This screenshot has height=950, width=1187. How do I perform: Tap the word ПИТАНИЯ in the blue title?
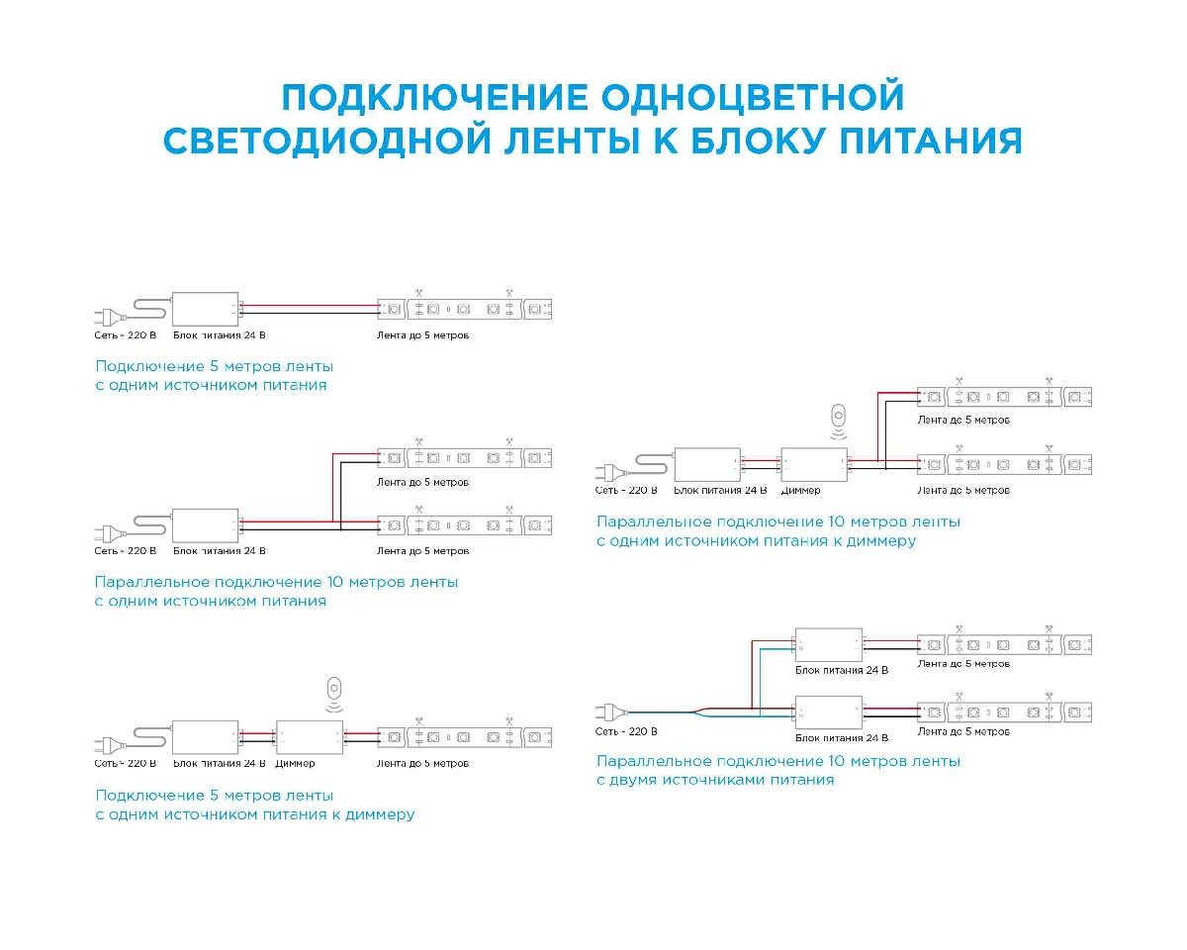[x=930, y=140]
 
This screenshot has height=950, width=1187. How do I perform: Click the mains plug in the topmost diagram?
[x=106, y=316]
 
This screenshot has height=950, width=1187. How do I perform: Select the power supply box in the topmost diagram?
[x=206, y=310]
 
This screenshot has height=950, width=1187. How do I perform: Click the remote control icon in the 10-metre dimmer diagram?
[x=840, y=417]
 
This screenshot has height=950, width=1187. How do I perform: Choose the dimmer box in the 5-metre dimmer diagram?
[x=310, y=737]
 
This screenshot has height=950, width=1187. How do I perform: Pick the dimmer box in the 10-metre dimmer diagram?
[x=814, y=464]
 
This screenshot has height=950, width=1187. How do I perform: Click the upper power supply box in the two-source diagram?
[x=829, y=645]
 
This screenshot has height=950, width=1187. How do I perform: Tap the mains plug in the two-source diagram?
[x=608, y=711]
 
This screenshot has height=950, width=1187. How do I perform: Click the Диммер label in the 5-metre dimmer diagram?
[x=296, y=764]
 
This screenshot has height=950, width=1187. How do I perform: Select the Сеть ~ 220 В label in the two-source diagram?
[x=626, y=732]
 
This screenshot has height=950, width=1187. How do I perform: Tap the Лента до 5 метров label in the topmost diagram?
[x=423, y=335]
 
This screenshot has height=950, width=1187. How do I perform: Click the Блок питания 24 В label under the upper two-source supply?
[x=842, y=671]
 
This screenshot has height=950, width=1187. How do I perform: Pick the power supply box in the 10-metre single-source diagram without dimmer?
[x=206, y=524]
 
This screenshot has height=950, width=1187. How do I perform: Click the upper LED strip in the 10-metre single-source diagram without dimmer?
[x=465, y=458]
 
